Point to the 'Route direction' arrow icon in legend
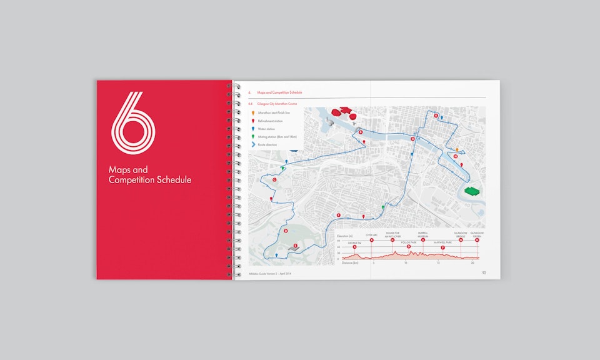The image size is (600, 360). point(252,144)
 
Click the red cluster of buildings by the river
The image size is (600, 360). point(342,113)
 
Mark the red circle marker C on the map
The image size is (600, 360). point(275,180)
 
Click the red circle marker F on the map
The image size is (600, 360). point(339,215)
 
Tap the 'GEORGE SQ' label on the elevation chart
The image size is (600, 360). point(354,241)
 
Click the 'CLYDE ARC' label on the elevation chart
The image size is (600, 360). point(372,234)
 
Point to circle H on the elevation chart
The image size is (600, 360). point(477,240)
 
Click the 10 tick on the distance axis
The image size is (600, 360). point(406,263)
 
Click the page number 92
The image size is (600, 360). point(483,272)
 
